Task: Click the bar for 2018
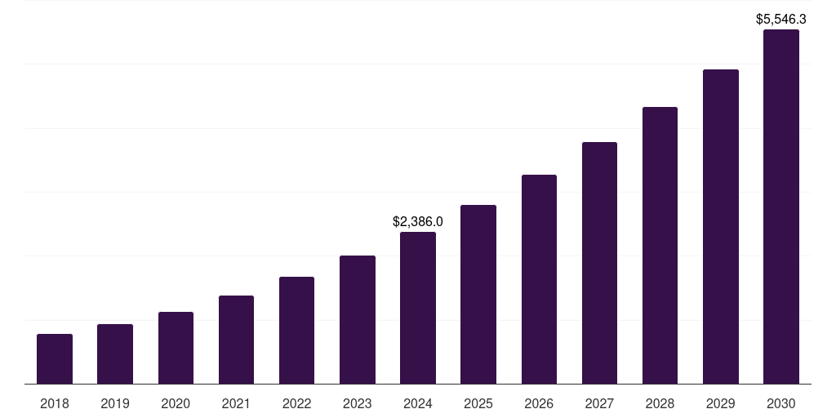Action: pos(55,358)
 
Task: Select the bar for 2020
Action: pos(176,348)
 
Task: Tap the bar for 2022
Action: pos(296,330)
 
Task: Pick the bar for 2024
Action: pos(418,308)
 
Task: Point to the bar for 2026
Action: pos(539,279)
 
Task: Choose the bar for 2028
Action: pos(660,245)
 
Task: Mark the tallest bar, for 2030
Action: pos(780,207)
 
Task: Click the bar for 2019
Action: pos(115,354)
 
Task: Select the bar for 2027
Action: pos(599,263)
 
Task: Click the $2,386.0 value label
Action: pos(418,221)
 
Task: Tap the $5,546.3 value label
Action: pos(780,19)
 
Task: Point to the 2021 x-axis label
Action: pos(236,403)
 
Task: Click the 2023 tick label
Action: pos(357,403)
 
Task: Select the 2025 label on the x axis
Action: pos(478,403)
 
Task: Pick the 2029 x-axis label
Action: pos(720,403)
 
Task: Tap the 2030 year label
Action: pos(780,403)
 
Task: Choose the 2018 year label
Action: pos(55,403)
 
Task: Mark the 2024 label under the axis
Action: pos(418,403)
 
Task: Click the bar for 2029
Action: pos(720,226)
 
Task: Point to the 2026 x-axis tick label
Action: pos(539,403)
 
